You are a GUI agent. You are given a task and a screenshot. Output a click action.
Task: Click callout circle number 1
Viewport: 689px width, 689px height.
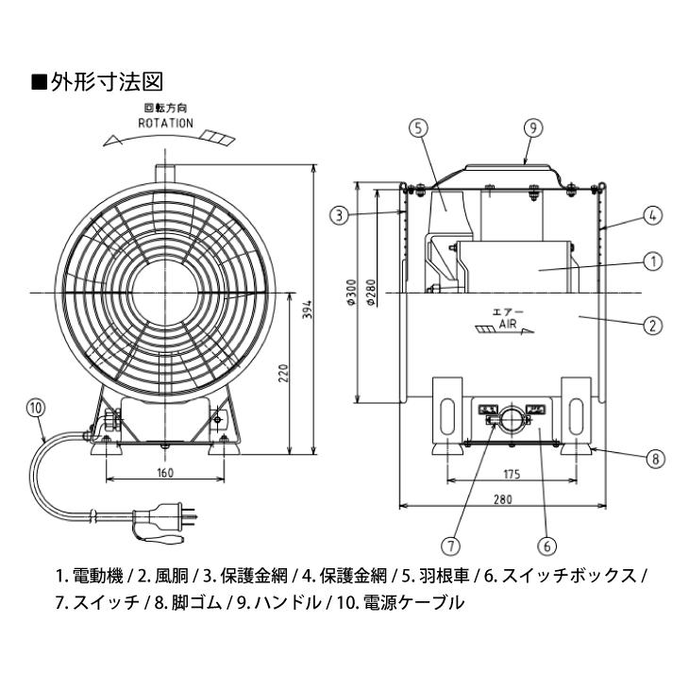[651, 260]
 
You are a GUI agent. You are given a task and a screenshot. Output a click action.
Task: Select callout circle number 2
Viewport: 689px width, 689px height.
[651, 326]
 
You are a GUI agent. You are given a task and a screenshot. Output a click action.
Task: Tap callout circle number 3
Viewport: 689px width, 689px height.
[339, 215]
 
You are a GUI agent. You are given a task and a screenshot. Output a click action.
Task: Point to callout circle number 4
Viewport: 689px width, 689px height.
[651, 215]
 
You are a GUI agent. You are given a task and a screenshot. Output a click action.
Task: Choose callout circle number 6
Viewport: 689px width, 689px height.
[545, 545]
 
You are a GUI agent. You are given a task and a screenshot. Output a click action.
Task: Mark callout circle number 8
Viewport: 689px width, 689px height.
[651, 460]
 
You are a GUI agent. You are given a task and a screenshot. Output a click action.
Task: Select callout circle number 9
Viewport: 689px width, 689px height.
[532, 129]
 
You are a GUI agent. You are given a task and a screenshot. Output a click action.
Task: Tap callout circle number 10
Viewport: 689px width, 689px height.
[36, 408]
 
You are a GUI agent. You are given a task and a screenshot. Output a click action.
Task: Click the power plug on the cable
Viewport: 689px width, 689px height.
[178, 517]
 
